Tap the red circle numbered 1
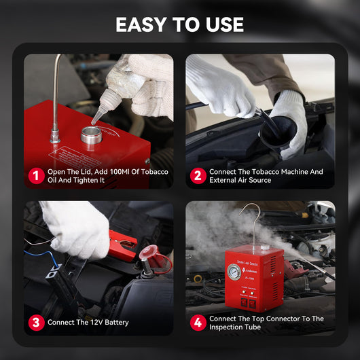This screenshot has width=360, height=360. [x=35, y=176]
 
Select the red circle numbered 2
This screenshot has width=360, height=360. [x=198, y=176]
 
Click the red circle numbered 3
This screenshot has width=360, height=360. [x=35, y=322]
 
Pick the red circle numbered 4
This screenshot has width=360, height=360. [x=198, y=322]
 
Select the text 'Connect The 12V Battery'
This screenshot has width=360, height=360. [x=88, y=322]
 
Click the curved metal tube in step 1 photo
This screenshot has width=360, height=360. [x=56, y=88]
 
